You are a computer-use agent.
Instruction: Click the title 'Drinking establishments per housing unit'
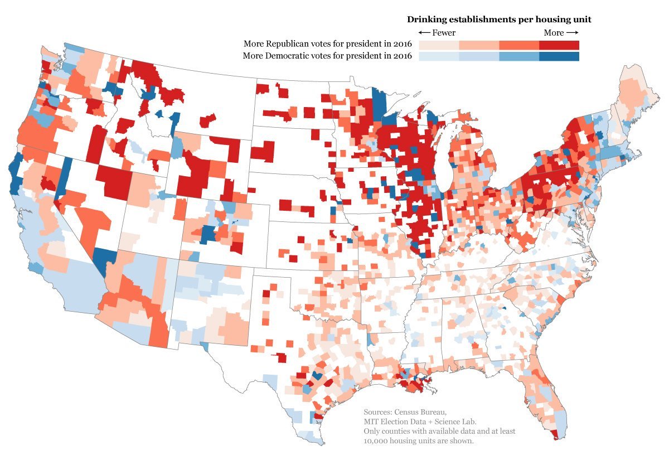click(498, 20)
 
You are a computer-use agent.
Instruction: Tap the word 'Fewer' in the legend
click(444, 33)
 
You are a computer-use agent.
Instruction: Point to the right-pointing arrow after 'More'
click(573, 33)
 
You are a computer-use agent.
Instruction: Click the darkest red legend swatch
click(559, 45)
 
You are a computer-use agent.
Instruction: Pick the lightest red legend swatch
click(439, 45)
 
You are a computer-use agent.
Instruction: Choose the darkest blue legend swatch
click(559, 56)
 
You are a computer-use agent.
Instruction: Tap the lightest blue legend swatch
click(439, 56)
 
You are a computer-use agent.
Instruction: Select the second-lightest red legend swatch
click(479, 45)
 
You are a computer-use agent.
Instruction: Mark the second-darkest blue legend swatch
click(519, 56)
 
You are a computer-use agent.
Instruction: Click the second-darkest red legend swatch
click(519, 45)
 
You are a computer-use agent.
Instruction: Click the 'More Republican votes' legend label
click(327, 44)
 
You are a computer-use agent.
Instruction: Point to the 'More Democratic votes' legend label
click(327, 56)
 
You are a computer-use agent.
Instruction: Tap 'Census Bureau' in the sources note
click(421, 411)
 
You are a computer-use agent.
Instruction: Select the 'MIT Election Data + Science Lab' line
click(420, 422)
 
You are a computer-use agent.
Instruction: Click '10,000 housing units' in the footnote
click(413, 441)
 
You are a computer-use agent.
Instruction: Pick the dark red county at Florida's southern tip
click(553, 434)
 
